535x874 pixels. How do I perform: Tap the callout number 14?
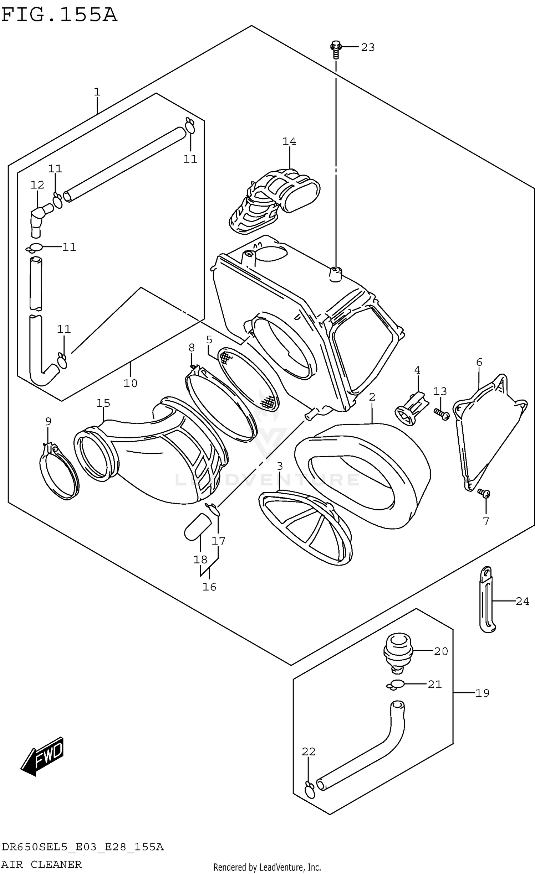[289, 142]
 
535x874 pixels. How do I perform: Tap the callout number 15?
[103, 403]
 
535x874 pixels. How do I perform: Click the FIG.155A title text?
[59, 15]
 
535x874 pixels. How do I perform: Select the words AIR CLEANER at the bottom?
[41, 864]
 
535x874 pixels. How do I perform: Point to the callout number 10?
[130, 383]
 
